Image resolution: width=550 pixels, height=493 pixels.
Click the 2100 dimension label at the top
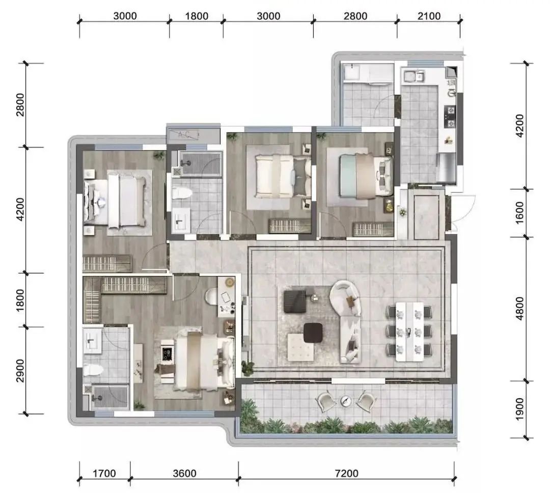(429, 16)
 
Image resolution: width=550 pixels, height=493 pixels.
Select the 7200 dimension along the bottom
(346, 473)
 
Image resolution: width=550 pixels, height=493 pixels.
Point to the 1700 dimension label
(104, 473)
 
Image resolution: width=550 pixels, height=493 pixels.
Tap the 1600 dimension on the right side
(519, 212)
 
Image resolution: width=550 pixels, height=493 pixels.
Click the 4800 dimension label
(519, 308)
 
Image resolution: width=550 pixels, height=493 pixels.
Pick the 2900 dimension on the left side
(20, 371)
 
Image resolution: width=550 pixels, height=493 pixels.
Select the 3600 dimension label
(184, 473)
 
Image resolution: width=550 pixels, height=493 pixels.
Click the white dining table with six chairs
(409, 332)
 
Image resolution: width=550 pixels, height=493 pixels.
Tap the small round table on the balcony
(346, 400)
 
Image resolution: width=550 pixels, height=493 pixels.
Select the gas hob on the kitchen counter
(450, 117)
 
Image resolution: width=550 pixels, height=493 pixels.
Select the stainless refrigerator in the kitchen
(447, 168)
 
